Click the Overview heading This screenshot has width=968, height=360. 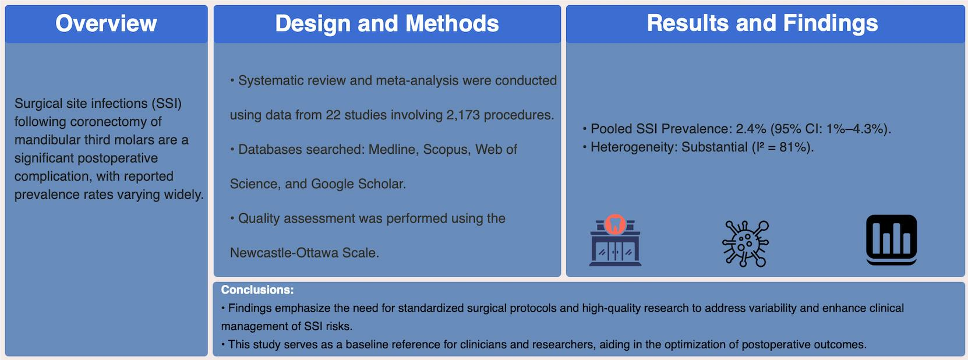point(106,23)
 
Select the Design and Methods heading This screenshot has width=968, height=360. point(387,23)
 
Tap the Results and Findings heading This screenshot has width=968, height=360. point(762,23)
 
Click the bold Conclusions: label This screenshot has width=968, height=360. point(257,290)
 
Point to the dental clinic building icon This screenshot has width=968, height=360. point(616,240)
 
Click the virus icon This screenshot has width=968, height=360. point(746,243)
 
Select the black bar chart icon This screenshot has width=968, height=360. point(892,240)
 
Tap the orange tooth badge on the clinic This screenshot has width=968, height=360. point(615,224)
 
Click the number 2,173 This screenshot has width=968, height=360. point(463,115)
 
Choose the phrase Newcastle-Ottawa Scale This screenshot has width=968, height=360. point(304,253)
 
